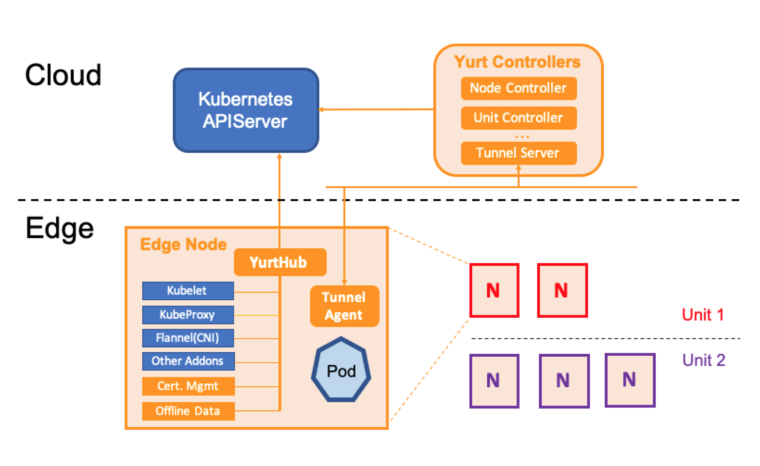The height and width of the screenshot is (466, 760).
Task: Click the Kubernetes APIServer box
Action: [246, 110]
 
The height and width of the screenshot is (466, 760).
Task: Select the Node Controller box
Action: [519, 88]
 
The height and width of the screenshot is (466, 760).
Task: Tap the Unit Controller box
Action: [519, 118]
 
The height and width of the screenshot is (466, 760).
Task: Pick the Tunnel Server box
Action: [519, 153]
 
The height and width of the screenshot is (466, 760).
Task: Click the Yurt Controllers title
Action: [517, 61]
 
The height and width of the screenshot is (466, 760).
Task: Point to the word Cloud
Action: [63, 75]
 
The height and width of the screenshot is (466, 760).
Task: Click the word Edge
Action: [59, 228]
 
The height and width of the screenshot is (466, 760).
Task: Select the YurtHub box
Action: [280, 263]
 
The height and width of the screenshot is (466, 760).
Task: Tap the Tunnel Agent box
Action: [344, 306]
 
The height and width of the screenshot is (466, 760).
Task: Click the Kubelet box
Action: [188, 291]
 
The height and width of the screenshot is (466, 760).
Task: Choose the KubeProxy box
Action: [188, 314]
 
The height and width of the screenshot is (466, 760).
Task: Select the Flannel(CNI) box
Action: [188, 338]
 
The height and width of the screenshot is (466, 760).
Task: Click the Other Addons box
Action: [188, 361]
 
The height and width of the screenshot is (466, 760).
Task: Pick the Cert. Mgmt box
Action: [188, 386]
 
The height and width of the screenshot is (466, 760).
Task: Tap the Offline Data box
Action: [188, 410]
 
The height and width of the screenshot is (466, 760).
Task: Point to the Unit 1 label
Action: [702, 315]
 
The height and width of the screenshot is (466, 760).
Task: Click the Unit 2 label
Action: [703, 360]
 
